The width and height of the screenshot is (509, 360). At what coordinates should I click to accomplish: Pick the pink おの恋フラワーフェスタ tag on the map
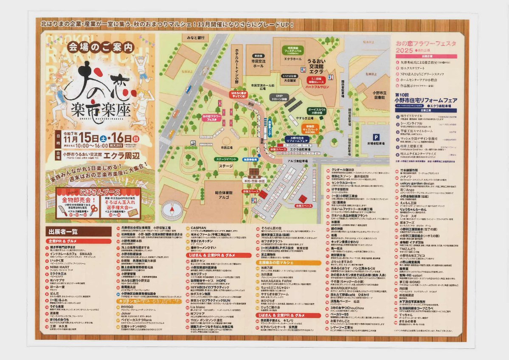point(213,118)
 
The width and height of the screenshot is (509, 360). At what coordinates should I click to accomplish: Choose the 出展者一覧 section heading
point(63,231)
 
